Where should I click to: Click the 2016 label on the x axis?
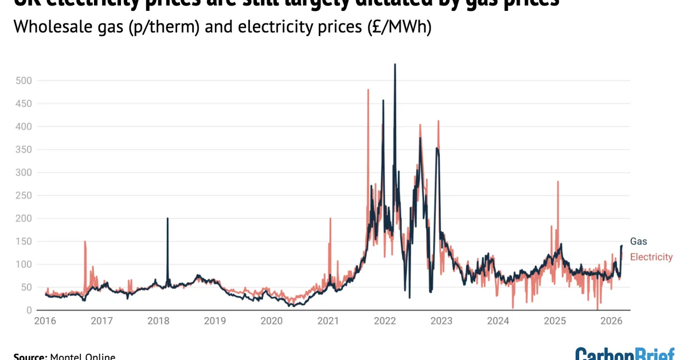click(45, 320)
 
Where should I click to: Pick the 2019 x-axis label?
click(214, 320)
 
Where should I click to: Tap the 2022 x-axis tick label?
click(385, 320)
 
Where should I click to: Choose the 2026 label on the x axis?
click(611, 320)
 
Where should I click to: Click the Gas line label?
click(638, 242)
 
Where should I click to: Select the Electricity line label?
click(651, 257)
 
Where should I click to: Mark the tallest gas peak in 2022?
click(395, 65)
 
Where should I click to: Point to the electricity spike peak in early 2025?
click(558, 182)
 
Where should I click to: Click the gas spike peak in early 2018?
click(167, 218)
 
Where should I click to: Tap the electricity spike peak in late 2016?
click(85, 241)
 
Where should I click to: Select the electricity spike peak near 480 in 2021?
click(368, 90)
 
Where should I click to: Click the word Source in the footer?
click(29, 357)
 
